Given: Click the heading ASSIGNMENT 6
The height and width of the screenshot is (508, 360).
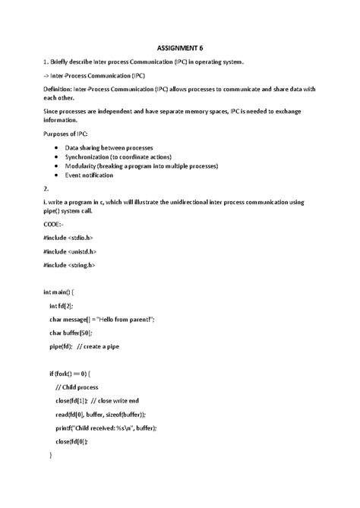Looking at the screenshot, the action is coord(181,48).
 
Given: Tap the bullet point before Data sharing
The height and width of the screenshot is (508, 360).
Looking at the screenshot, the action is coord(58,148).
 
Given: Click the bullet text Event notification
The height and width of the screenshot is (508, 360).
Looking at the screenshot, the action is coord(89,175).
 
